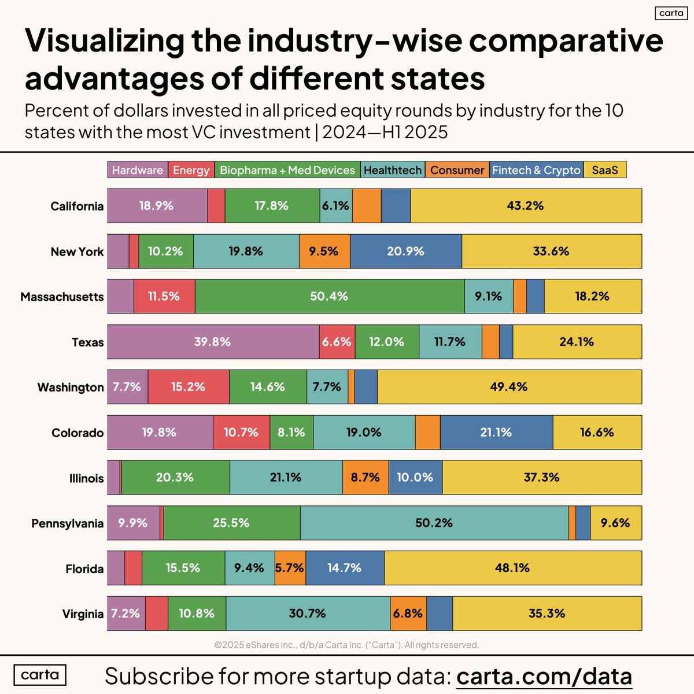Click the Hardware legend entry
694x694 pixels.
tap(138, 170)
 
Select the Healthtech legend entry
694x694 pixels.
tap(393, 170)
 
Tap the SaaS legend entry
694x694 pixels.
tap(605, 170)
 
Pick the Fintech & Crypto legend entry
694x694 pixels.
tap(536, 170)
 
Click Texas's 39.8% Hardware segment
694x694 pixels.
tap(213, 342)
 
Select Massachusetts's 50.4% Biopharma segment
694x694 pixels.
tap(329, 297)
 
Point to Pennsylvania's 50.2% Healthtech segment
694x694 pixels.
tap(434, 523)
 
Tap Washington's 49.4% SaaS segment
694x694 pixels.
tap(509, 387)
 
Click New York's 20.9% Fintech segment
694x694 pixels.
tap(405, 252)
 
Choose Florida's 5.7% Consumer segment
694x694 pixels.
tap(290, 568)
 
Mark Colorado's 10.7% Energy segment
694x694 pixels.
tap(241, 433)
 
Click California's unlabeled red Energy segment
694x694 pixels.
tap(216, 206)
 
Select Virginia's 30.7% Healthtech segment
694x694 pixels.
tap(308, 614)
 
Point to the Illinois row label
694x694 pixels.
tap(86, 478)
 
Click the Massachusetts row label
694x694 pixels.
tap(62, 297)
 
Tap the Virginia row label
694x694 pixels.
tap(83, 614)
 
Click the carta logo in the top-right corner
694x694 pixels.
tap(671, 13)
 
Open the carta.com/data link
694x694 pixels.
tap(544, 675)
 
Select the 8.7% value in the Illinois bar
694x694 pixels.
tap(366, 478)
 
